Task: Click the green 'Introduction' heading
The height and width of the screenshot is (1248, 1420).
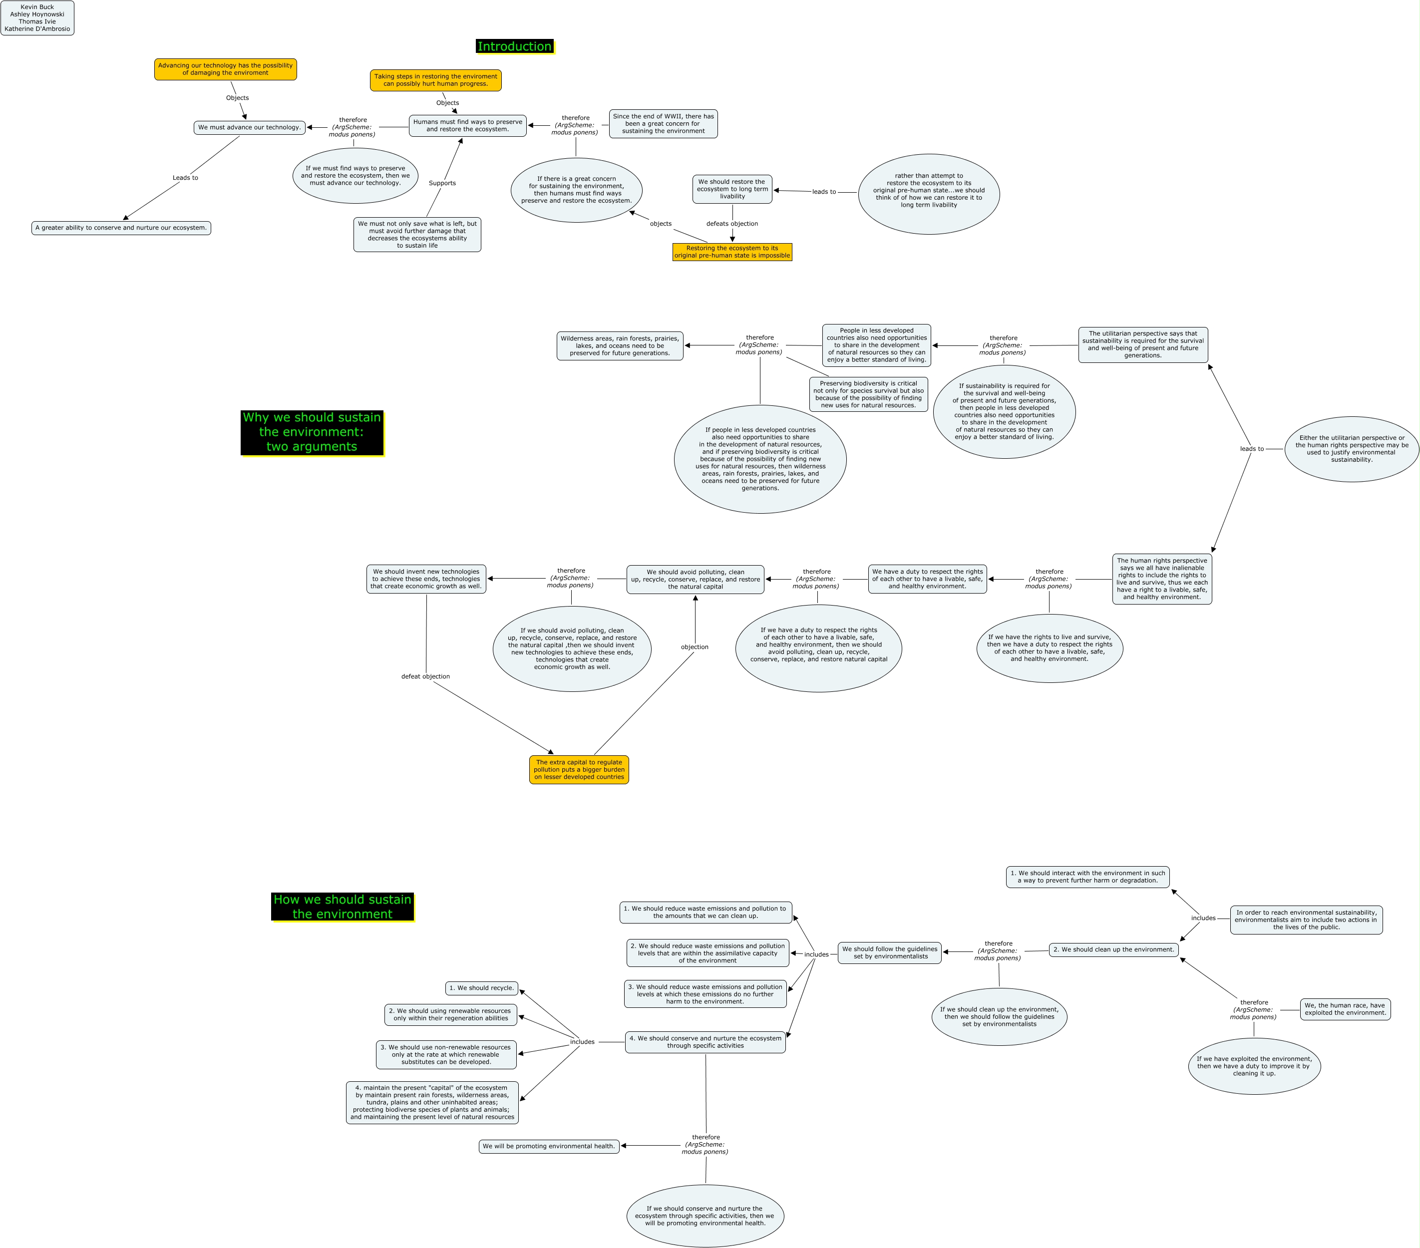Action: tap(514, 46)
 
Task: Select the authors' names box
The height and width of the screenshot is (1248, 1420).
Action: tap(37, 18)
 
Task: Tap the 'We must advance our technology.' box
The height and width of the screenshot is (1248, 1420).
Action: tap(250, 127)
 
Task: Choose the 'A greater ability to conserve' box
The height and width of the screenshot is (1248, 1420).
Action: tap(121, 228)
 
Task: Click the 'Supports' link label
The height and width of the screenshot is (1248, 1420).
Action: tap(442, 183)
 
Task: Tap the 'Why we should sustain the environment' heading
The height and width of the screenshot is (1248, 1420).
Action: tap(312, 432)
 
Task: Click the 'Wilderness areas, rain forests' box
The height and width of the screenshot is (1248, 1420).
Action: tap(620, 346)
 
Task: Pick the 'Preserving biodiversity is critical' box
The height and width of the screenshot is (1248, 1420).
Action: tap(868, 394)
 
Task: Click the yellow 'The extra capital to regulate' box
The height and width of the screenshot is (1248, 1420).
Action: tap(579, 769)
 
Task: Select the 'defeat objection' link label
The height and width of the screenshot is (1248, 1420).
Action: tap(425, 676)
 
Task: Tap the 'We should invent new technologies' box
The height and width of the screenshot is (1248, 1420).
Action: tap(426, 579)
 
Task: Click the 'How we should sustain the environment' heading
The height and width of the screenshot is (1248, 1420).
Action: tap(343, 907)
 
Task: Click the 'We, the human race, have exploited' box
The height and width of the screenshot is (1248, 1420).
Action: tap(1345, 1009)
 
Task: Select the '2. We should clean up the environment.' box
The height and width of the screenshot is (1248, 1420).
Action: tap(1113, 949)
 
